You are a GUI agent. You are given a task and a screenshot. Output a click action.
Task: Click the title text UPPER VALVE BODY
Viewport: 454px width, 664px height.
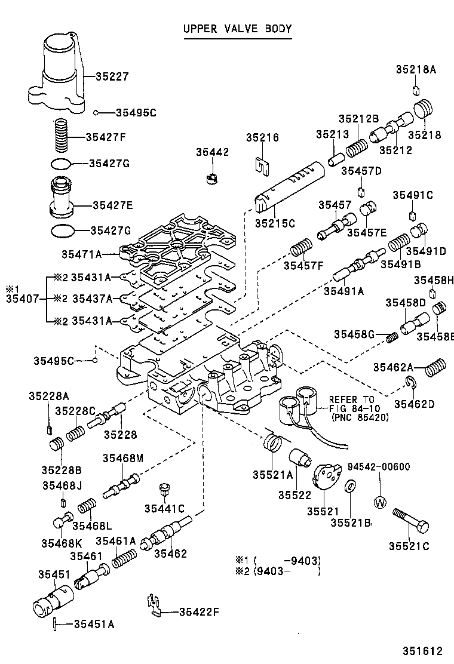pos(237,29)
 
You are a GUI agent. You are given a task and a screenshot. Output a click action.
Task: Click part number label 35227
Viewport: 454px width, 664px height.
pos(112,76)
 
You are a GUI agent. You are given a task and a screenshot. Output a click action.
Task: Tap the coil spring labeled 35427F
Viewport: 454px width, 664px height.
pos(62,136)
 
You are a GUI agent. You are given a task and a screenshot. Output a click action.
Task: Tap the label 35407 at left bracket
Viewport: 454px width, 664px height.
pos(22,299)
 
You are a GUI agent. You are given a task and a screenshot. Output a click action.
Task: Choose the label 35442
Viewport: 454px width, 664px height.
pos(212,153)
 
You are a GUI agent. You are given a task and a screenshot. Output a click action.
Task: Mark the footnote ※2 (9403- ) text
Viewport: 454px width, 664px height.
pos(278,571)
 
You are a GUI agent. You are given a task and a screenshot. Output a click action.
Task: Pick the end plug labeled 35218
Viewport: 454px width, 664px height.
pos(424,112)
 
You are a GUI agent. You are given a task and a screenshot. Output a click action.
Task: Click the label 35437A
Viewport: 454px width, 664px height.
pos(91,299)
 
